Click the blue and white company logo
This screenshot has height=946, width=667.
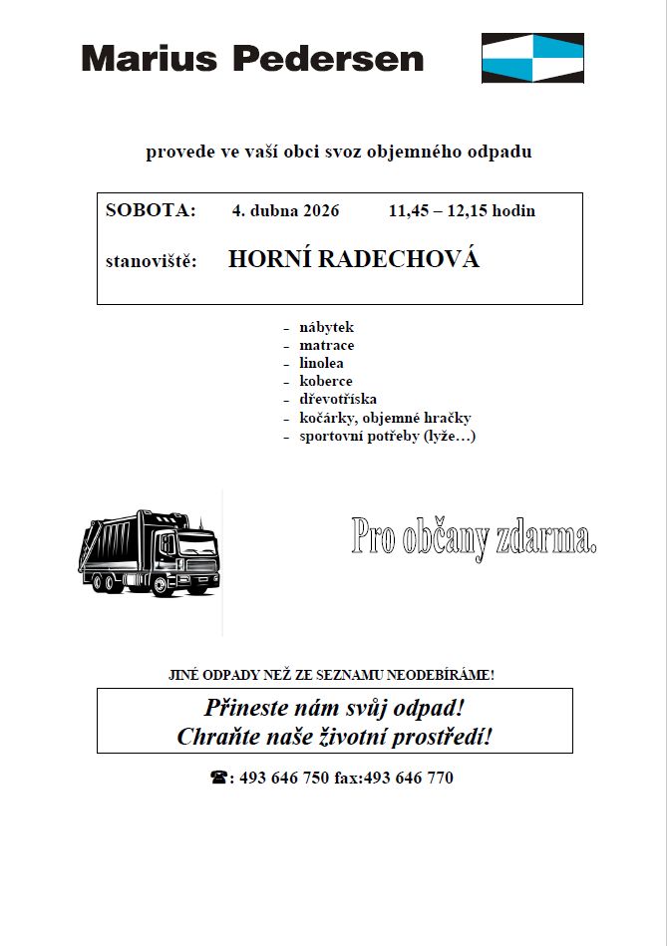click(x=532, y=58)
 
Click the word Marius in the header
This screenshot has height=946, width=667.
click(x=150, y=59)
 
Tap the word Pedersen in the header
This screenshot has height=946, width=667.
click(x=328, y=59)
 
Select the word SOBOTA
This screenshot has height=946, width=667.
click(x=151, y=210)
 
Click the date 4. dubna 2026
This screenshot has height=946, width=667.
click(x=285, y=210)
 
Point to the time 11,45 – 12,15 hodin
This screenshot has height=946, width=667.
click(x=462, y=210)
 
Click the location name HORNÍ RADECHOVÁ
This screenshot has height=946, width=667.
click(x=354, y=260)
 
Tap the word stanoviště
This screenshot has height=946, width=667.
click(x=151, y=262)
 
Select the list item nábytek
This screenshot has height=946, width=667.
click(x=326, y=327)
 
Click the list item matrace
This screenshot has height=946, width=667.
click(x=326, y=345)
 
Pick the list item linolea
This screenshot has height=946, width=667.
click(x=321, y=363)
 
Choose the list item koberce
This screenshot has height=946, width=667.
click(x=325, y=381)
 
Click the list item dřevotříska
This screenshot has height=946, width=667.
click(x=338, y=399)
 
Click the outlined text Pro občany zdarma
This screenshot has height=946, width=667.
click(x=474, y=538)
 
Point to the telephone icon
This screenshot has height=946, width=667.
click(x=218, y=778)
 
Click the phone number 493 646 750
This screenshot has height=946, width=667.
click(x=284, y=778)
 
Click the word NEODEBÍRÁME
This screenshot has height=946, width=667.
click(x=441, y=675)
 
